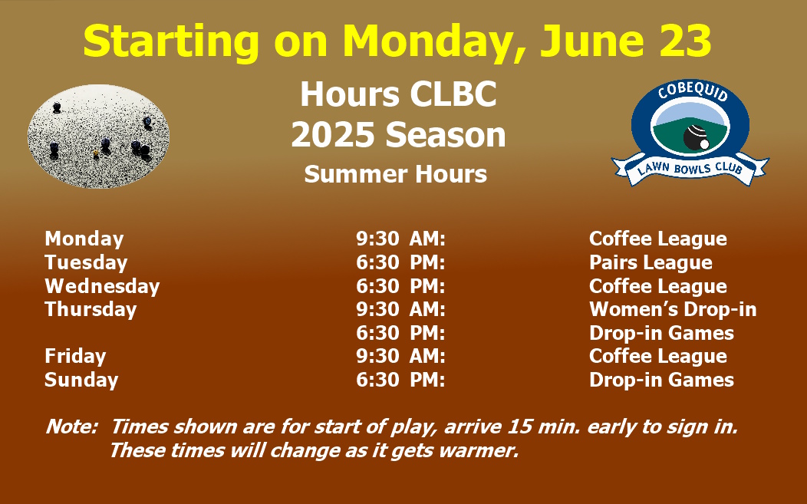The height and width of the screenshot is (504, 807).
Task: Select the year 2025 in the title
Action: coord(332,135)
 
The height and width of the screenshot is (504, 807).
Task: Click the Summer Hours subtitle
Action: coord(395,174)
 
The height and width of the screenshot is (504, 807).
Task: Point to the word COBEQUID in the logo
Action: coord(693,91)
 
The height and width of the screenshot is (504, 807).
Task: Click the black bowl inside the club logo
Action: coord(696,137)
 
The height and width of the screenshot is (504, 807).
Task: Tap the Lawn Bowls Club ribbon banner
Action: coord(690,169)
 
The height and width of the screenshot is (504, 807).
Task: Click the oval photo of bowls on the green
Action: coord(98,137)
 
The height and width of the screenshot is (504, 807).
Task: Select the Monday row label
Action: coord(84,239)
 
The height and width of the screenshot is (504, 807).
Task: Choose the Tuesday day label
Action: coord(86,262)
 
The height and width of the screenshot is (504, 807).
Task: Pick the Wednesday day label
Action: coord(102,286)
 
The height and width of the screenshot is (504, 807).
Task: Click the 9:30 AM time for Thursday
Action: coord(400,309)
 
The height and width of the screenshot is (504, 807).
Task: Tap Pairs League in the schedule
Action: coord(651,262)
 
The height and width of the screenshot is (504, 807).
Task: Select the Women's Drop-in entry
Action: coord(673,309)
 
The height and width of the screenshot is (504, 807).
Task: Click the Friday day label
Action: coord(75,356)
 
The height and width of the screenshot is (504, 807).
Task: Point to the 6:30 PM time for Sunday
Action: coord(400,380)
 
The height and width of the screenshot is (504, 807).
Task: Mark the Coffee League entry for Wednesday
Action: coord(657,286)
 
